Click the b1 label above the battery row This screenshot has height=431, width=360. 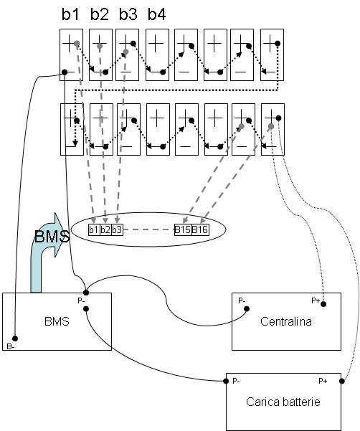(70, 14)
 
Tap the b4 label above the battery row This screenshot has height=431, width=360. (156, 14)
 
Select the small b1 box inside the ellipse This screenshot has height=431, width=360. (94, 229)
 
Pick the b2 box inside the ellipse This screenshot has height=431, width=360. (105, 229)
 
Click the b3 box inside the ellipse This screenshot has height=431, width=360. (117, 229)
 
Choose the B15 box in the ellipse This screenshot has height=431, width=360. (183, 229)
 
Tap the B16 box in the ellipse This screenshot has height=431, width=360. (200, 229)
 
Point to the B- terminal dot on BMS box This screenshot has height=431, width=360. (15, 338)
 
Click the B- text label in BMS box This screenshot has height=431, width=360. (11, 346)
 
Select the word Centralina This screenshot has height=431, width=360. (286, 321)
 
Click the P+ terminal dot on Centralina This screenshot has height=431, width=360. (323, 304)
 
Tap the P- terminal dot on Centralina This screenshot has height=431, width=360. (247, 309)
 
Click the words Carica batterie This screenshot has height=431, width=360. (283, 402)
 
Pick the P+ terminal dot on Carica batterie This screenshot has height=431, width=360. (342, 382)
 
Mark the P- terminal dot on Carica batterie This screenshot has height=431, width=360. (226, 382)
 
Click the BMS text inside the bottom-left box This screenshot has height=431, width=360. (57, 321)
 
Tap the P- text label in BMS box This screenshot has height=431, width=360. (81, 300)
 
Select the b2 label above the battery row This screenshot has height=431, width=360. (99, 14)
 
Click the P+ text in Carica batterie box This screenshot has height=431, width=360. (323, 381)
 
